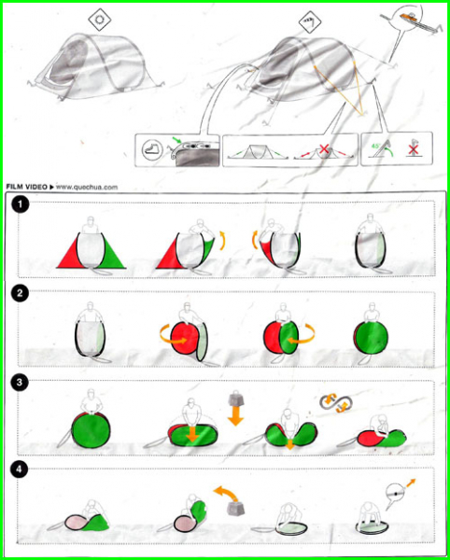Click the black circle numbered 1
pyautogui.click(x=20, y=205)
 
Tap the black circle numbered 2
pyautogui.click(x=20, y=295)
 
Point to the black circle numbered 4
pyautogui.click(x=20, y=470)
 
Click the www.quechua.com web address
pyautogui.click(x=87, y=187)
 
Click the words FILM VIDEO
pyautogui.click(x=27, y=187)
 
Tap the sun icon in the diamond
pyautogui.click(x=100, y=20)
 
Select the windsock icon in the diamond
pyautogui.click(x=310, y=23)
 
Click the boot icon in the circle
pyautogui.click(x=150, y=150)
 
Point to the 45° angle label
pyautogui.click(x=374, y=146)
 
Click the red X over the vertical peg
pyautogui.click(x=414, y=149)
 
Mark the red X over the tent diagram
pyautogui.click(x=324, y=149)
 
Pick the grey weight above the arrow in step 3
pyautogui.click(x=235, y=398)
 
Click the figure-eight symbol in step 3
pyautogui.click(x=336, y=402)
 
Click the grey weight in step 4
pyautogui.click(x=235, y=507)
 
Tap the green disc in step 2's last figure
pyautogui.click(x=373, y=338)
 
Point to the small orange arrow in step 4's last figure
pyautogui.click(x=411, y=483)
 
